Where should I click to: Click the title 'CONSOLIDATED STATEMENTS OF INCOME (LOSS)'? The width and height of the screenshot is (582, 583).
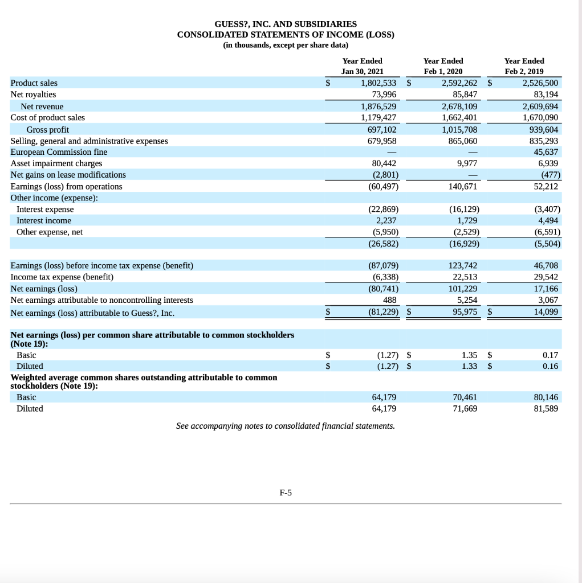coord(286,35)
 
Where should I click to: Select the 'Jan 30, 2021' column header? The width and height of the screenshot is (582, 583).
coord(362,72)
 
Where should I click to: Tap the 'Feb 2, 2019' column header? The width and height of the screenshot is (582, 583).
coord(524,72)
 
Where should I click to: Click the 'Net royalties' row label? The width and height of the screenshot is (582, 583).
coord(33,95)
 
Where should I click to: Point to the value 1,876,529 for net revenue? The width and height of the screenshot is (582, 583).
coord(379,106)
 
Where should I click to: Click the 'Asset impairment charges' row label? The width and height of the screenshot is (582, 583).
coord(56,163)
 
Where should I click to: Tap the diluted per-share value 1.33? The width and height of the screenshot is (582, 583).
coord(470,366)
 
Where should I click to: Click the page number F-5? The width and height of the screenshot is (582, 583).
coord(286,493)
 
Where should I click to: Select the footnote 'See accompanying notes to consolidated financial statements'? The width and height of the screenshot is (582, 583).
coord(285,426)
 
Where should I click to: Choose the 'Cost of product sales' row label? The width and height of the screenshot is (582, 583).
coord(47,117)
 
